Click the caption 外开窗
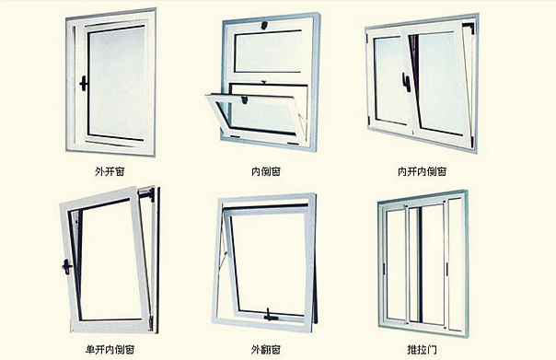[108, 170]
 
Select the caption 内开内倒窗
[422, 170]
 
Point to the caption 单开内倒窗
[108, 349]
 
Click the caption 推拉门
[422, 349]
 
